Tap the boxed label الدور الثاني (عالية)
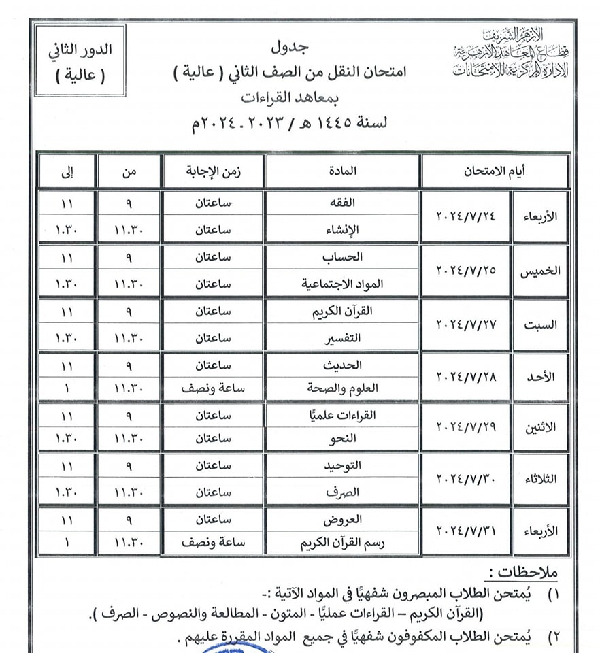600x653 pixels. (80, 61)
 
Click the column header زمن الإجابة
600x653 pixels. (213, 171)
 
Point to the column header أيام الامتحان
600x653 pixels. (494, 171)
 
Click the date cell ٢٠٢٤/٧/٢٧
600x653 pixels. (466, 324)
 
